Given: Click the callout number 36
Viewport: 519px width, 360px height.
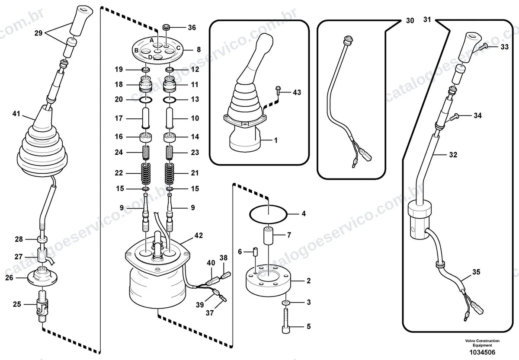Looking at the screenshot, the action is [x=192, y=28].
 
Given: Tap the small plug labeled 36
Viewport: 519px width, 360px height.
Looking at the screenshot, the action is [x=166, y=27].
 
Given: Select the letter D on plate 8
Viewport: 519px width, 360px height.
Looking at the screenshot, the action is [x=151, y=57].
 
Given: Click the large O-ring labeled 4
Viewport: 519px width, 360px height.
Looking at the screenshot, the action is [x=268, y=214].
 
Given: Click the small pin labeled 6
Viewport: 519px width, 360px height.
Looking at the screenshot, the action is [x=255, y=252].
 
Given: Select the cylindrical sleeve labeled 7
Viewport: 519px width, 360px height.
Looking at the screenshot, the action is [x=269, y=236].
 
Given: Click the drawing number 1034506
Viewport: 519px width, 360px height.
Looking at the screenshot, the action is [x=482, y=352].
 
